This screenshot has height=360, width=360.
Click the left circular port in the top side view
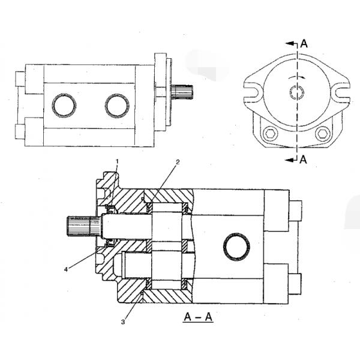(64, 106)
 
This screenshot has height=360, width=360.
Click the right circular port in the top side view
(117, 106)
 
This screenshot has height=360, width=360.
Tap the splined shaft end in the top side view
(182, 93)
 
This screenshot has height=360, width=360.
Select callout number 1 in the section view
(118, 161)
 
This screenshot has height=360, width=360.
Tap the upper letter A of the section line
(305, 43)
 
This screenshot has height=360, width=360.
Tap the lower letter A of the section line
(305, 159)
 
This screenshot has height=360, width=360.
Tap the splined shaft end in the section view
(78, 226)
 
